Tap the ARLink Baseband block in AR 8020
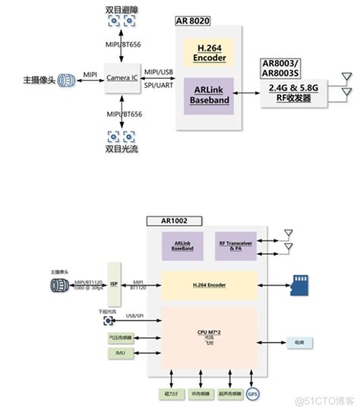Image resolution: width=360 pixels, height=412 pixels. coord(209,93)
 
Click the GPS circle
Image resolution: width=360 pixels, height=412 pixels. coord(252,395)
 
